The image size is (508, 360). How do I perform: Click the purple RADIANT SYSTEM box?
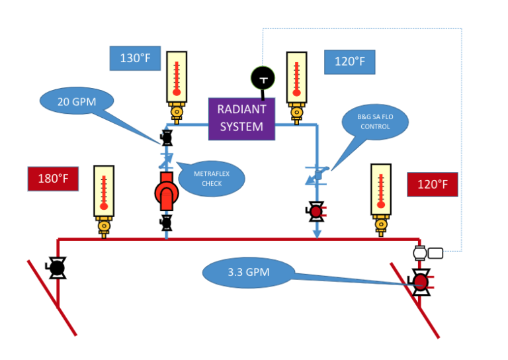[x=241, y=118]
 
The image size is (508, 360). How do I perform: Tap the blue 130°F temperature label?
[x=134, y=58]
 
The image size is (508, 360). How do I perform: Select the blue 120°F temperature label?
[x=349, y=62]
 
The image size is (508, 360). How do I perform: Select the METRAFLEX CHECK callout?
[x=212, y=178]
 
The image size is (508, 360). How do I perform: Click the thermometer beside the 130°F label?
[x=176, y=79]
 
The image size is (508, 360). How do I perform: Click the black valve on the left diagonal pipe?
[x=56, y=267]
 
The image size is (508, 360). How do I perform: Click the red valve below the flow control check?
[x=316, y=212]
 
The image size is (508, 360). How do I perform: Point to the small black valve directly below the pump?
[x=166, y=222]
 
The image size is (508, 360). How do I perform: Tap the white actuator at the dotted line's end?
[x=427, y=252]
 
